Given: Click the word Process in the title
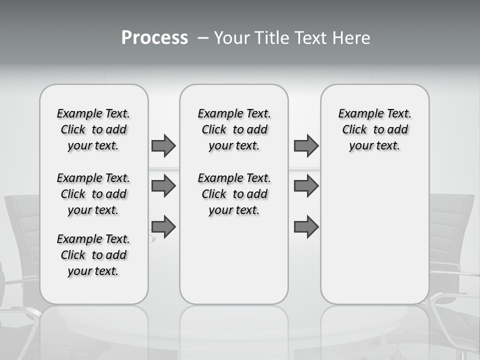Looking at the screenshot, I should pos(154,38).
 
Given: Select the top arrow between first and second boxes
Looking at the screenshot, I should pos(163,145).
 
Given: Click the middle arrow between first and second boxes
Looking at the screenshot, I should pos(163,186).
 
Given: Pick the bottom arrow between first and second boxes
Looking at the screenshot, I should pos(163,227).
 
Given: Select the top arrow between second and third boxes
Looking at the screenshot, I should pos(306,145).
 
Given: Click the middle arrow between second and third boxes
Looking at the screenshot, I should pos(306,186).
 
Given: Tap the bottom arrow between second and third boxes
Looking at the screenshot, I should pos(306,227).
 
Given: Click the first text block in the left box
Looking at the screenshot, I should pos(93,129).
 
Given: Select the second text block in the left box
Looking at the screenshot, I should pos(93,194).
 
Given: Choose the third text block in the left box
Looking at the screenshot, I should pos(93,255).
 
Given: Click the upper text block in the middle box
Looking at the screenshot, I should pos(234,129).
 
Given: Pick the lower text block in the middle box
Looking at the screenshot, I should pos(234,194).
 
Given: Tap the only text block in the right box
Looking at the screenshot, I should pos(374,129).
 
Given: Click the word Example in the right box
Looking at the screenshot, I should pos(356,114).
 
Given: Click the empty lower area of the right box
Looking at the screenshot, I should pos(374,235).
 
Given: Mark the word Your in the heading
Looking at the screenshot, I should pos(231,38).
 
